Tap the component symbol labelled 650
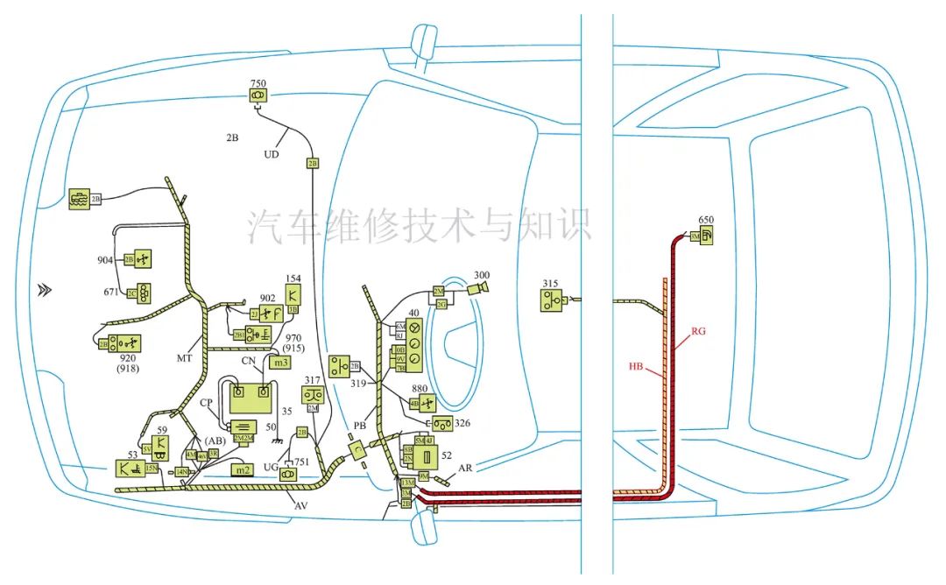point(706,236)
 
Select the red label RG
point(698,331)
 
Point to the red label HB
point(638,366)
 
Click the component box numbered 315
point(552,301)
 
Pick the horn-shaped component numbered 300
point(479,288)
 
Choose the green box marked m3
point(280,363)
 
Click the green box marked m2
point(241,470)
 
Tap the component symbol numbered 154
point(293,292)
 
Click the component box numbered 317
point(313,396)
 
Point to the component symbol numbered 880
point(426,404)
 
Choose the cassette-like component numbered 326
point(441,425)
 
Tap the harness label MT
point(185,358)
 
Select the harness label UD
point(272,154)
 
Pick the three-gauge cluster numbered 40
point(416,342)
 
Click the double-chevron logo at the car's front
point(43,291)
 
